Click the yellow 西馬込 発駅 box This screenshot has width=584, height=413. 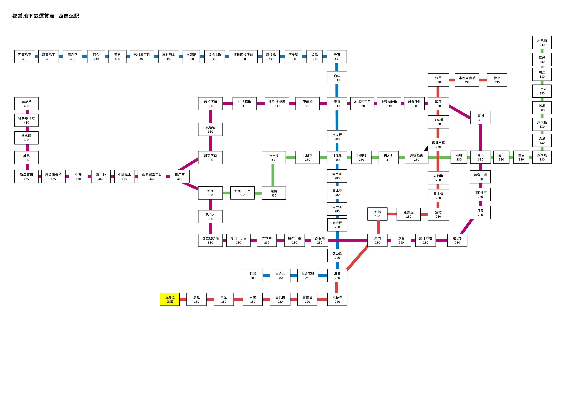pos(170,299)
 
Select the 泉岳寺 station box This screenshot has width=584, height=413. pos(337,299)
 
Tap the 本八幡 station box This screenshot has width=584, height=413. pos(542,43)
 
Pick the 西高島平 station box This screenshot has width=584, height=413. pos(25,57)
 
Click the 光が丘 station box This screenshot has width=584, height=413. pos(26,104)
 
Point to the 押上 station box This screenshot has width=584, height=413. pos(497,80)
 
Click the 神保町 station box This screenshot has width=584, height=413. pos(337,158)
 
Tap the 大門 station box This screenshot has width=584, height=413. pos(377,240)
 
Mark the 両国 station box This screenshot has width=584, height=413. pos(481,118)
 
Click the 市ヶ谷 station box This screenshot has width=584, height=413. pos(274,158)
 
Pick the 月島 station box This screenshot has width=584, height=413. pos(480,212)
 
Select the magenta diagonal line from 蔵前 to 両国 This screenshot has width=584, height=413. pos(460,112)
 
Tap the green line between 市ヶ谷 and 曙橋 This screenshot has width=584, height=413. pos(273,175)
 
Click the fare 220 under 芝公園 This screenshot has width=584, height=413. pos(337,258)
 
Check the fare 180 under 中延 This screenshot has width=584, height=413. pos(224,302)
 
